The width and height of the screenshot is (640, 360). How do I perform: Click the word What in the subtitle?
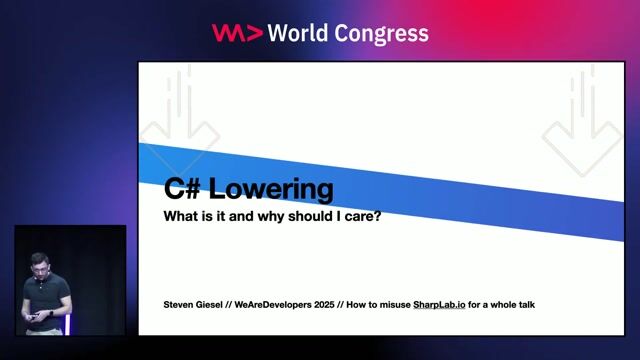pyautogui.click(x=181, y=216)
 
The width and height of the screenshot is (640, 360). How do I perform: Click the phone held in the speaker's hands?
pyautogui.click(x=35, y=316)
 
